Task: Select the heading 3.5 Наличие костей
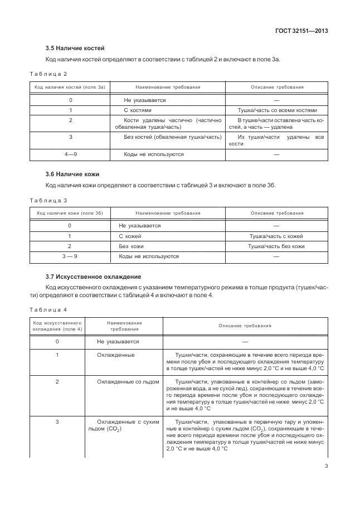click(75, 48)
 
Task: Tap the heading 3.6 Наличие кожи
click(72, 174)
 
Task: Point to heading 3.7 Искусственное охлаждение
click(93, 277)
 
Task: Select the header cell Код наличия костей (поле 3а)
click(70, 88)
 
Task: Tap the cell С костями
click(137, 110)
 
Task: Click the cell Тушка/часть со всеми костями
click(277, 110)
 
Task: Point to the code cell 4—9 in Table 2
click(70, 154)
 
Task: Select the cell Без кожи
click(130, 246)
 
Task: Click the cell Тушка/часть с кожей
click(276, 236)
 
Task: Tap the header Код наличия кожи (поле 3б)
click(70, 213)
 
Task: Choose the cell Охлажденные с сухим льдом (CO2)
click(124, 425)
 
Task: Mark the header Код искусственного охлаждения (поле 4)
click(57, 326)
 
